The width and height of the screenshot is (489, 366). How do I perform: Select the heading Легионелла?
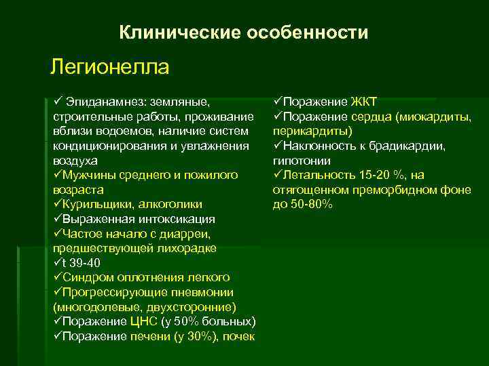[109, 67]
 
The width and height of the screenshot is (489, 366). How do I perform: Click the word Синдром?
[87, 277]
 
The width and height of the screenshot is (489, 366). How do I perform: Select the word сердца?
[370, 117]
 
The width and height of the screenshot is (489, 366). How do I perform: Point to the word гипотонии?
[302, 161]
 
